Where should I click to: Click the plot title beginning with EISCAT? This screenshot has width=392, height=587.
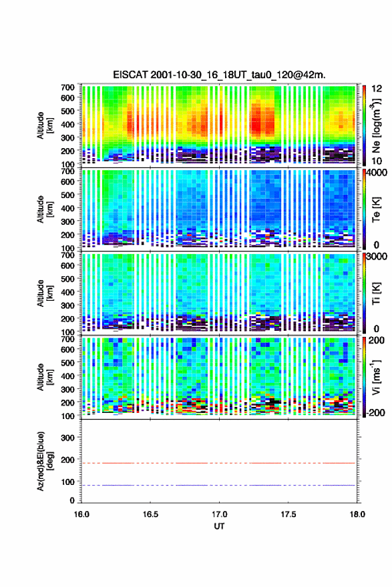[x=219, y=75]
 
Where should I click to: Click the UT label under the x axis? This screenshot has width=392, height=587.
[x=219, y=526]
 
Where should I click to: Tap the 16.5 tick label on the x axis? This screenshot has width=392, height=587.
[x=150, y=514]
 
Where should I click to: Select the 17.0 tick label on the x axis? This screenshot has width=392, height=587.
[x=219, y=514]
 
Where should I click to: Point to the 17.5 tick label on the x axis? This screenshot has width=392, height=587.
[x=288, y=514]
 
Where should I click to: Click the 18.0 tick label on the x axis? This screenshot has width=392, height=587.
[x=357, y=514]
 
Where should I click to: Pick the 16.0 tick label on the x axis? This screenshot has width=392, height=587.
[x=81, y=514]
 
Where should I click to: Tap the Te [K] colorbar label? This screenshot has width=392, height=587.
[x=376, y=210]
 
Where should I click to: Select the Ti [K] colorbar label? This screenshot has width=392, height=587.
[x=376, y=293]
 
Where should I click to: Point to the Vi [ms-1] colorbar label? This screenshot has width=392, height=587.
[x=376, y=377]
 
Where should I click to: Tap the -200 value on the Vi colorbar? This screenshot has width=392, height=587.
[x=376, y=413]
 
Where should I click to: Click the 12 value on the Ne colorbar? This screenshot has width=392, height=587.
[x=377, y=89]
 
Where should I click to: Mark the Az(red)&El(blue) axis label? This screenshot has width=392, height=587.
[x=45, y=461]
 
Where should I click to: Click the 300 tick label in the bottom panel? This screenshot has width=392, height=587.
[x=67, y=438]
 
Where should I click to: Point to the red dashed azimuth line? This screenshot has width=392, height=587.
[x=218, y=463]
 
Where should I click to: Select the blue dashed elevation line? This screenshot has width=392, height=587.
[x=218, y=485]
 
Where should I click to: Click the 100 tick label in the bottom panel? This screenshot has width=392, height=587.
[x=67, y=482]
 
